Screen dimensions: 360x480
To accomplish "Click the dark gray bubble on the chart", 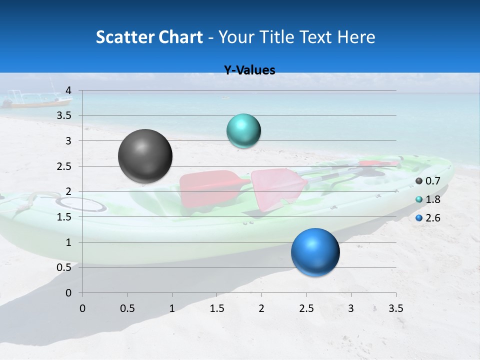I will [145, 156].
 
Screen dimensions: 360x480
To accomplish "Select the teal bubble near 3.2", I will [243, 130].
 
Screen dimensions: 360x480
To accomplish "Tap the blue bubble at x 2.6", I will [315, 252].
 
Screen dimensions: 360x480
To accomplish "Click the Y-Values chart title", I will [249, 70].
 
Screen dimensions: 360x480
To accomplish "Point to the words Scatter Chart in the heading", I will [149, 37].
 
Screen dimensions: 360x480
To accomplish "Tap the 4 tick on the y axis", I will [68, 90].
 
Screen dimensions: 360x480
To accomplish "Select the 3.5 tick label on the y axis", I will [64, 116].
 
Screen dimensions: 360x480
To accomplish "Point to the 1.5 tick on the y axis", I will [64, 217].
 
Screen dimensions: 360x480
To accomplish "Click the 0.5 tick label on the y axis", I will [64, 267].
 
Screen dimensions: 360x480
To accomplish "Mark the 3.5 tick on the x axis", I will [395, 308].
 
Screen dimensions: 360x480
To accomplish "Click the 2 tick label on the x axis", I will [261, 308].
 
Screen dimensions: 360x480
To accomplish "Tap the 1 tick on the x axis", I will [172, 308].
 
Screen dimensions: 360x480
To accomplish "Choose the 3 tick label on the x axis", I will [351, 308].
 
